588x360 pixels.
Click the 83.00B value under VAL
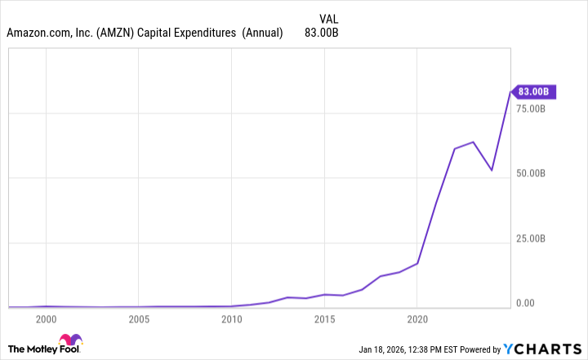point(321,33)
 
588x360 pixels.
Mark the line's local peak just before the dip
point(473,142)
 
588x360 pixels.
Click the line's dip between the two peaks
point(492,170)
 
